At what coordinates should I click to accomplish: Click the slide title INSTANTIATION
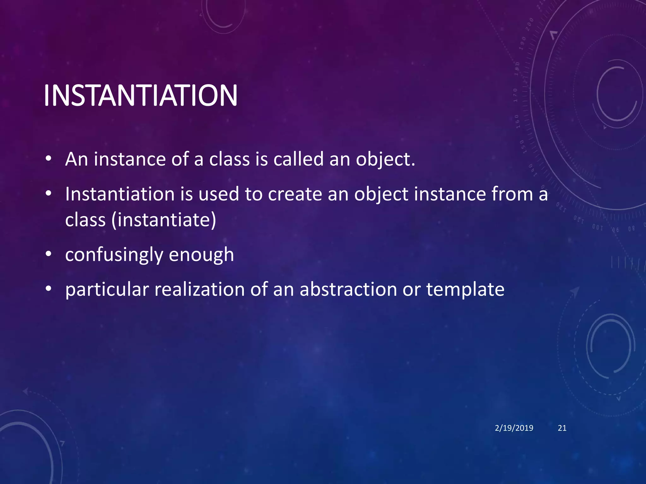pyautogui.click(x=140, y=95)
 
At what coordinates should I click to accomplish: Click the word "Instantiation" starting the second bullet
pyautogui.click(x=120, y=194)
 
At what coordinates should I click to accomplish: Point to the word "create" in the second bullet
pyautogui.click(x=295, y=194)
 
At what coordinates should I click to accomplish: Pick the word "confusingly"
pyautogui.click(x=114, y=255)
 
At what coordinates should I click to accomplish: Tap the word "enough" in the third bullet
pyautogui.click(x=201, y=255)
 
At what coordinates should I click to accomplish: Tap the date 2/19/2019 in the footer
pyautogui.click(x=514, y=428)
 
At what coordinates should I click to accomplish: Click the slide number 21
pyautogui.click(x=562, y=428)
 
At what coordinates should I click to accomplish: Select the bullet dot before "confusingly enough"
pyautogui.click(x=48, y=254)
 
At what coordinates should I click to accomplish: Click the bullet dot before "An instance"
pyautogui.click(x=48, y=158)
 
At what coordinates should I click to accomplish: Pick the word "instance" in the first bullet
pyautogui.click(x=129, y=159)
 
